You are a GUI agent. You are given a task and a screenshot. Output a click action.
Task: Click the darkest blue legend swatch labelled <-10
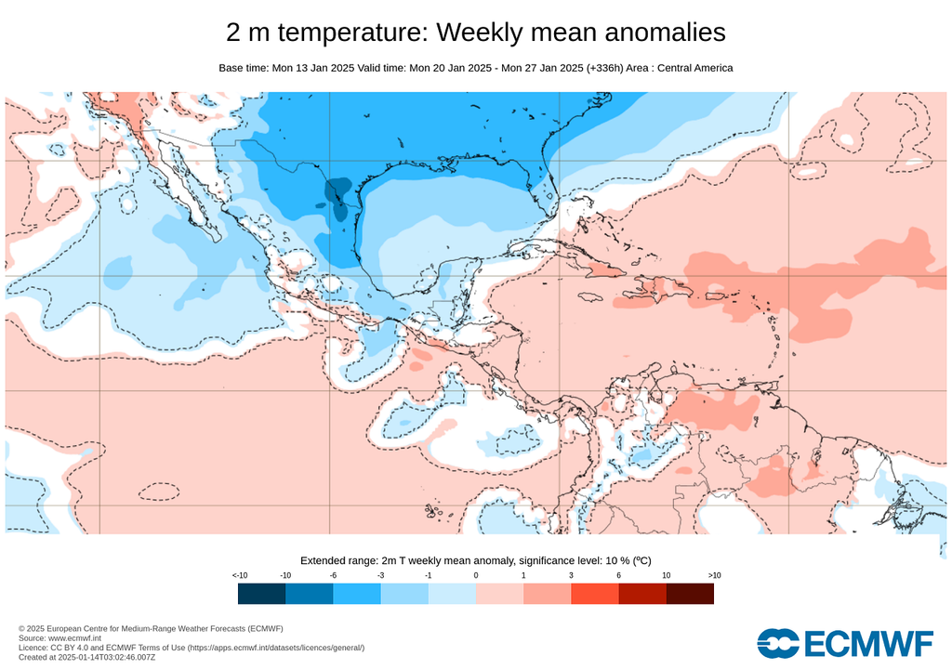tap(261, 593)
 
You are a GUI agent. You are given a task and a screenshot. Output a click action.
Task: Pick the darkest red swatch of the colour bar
tap(690, 593)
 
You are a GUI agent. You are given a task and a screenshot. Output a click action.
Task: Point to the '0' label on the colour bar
tap(476, 576)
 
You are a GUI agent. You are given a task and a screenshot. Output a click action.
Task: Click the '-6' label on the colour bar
tap(333, 576)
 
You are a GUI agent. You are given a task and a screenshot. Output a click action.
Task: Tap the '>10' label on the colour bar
tap(714, 576)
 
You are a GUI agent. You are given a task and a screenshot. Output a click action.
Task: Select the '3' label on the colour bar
tap(571, 576)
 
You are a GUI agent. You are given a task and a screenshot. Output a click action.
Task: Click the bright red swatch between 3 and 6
tap(595, 593)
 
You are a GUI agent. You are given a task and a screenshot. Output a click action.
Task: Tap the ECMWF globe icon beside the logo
tap(778, 643)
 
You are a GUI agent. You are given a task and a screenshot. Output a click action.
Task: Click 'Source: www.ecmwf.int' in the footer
tap(59, 638)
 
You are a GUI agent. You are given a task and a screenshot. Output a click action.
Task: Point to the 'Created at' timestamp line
tap(88, 657)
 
